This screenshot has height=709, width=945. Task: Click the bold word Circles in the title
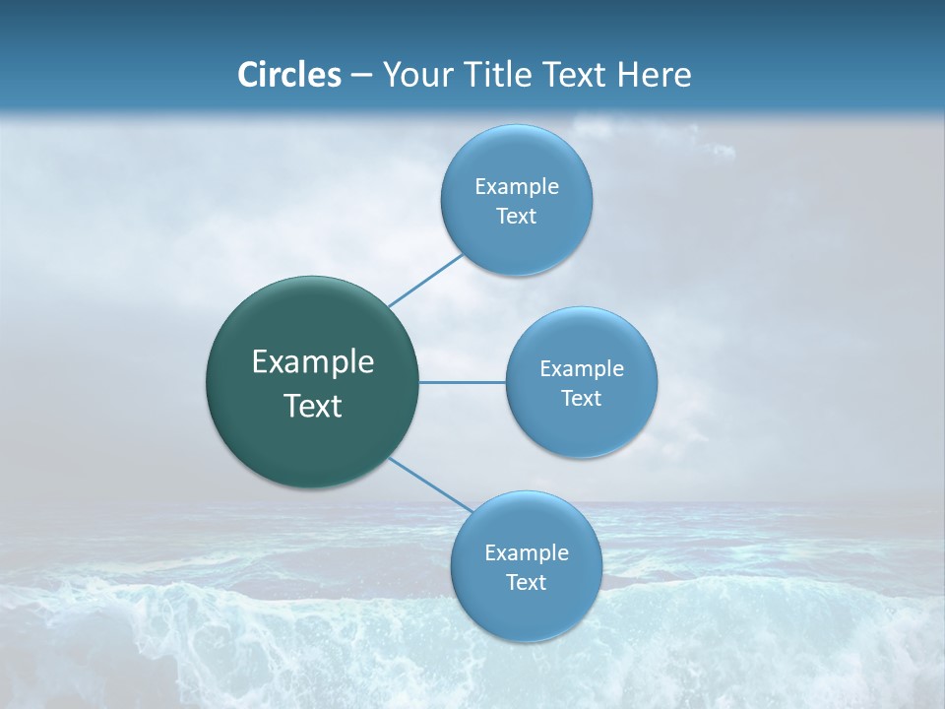pyautogui.click(x=289, y=75)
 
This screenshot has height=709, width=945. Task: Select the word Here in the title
pyautogui.click(x=655, y=75)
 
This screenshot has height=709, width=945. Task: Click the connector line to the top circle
pyautogui.click(x=425, y=280)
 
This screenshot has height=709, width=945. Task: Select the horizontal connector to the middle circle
pyautogui.click(x=463, y=382)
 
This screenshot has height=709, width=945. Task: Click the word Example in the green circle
pyautogui.click(x=313, y=362)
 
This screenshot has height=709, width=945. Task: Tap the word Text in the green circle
pyautogui.click(x=313, y=406)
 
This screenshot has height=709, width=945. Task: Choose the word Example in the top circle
pyautogui.click(x=517, y=187)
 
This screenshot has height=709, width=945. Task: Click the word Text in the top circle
pyautogui.click(x=517, y=217)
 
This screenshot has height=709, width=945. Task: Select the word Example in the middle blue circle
pyautogui.click(x=582, y=369)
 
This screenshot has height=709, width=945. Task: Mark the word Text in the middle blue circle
pyautogui.click(x=582, y=399)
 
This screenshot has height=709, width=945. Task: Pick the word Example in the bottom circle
pyautogui.click(x=527, y=553)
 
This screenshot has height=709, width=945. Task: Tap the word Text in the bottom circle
pyautogui.click(x=527, y=583)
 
